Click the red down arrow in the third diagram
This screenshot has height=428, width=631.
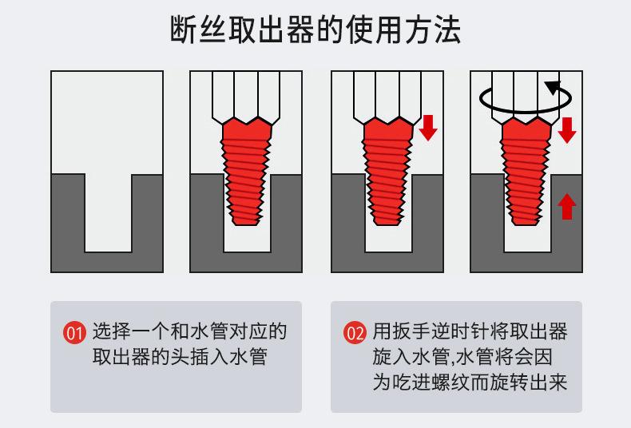pyautogui.click(x=428, y=127)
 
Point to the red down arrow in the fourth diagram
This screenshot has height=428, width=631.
pyautogui.click(x=566, y=129)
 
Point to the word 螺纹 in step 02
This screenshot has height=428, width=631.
pyautogui.click(x=470, y=381)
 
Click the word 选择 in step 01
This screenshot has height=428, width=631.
pyautogui.click(x=111, y=331)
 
